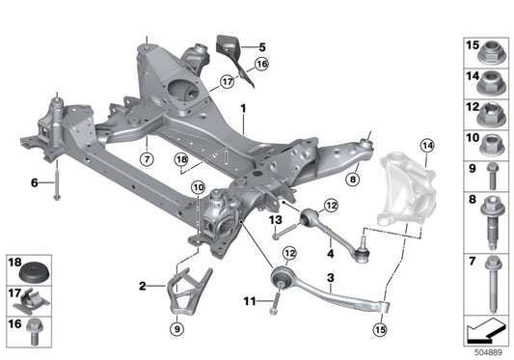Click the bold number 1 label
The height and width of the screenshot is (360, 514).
[x=243, y=108]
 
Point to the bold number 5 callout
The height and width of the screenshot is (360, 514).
[x=260, y=45]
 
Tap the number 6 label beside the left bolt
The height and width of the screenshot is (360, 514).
[x=35, y=181]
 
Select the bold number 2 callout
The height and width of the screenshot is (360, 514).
[x=143, y=286]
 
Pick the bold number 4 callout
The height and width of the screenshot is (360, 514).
[x=330, y=254]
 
